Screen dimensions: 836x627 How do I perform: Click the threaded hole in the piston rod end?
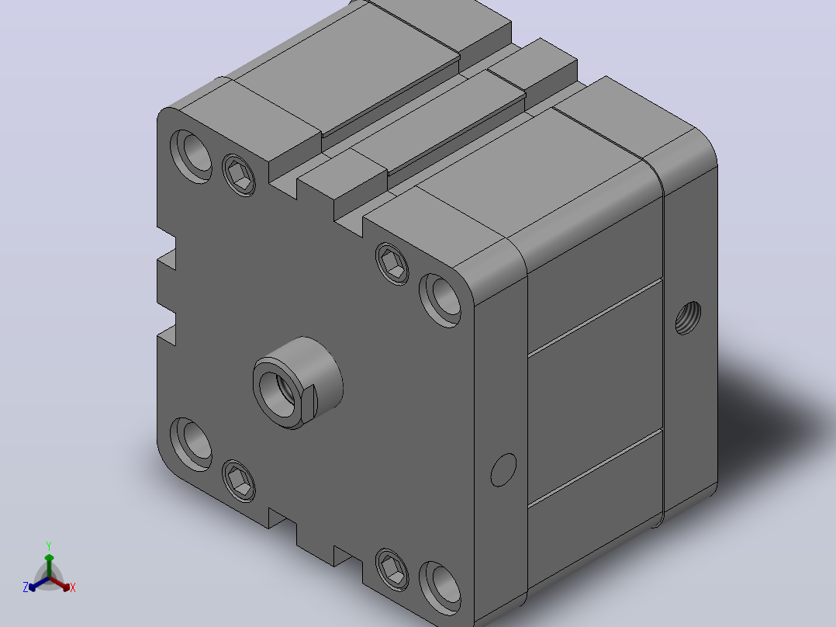(x=278, y=393)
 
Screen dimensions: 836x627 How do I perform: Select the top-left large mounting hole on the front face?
(x=191, y=156)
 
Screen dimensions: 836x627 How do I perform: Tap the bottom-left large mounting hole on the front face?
(x=191, y=445)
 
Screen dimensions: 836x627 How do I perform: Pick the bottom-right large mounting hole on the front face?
(x=440, y=587)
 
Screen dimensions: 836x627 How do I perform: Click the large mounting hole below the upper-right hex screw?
(x=440, y=300)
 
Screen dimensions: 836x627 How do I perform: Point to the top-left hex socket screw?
(x=238, y=175)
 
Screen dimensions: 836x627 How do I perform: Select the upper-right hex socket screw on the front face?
(x=392, y=263)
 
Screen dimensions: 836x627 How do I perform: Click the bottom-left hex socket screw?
(x=238, y=480)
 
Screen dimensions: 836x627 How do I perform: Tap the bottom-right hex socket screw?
(x=392, y=569)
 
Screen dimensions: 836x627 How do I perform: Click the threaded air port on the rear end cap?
(x=688, y=318)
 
